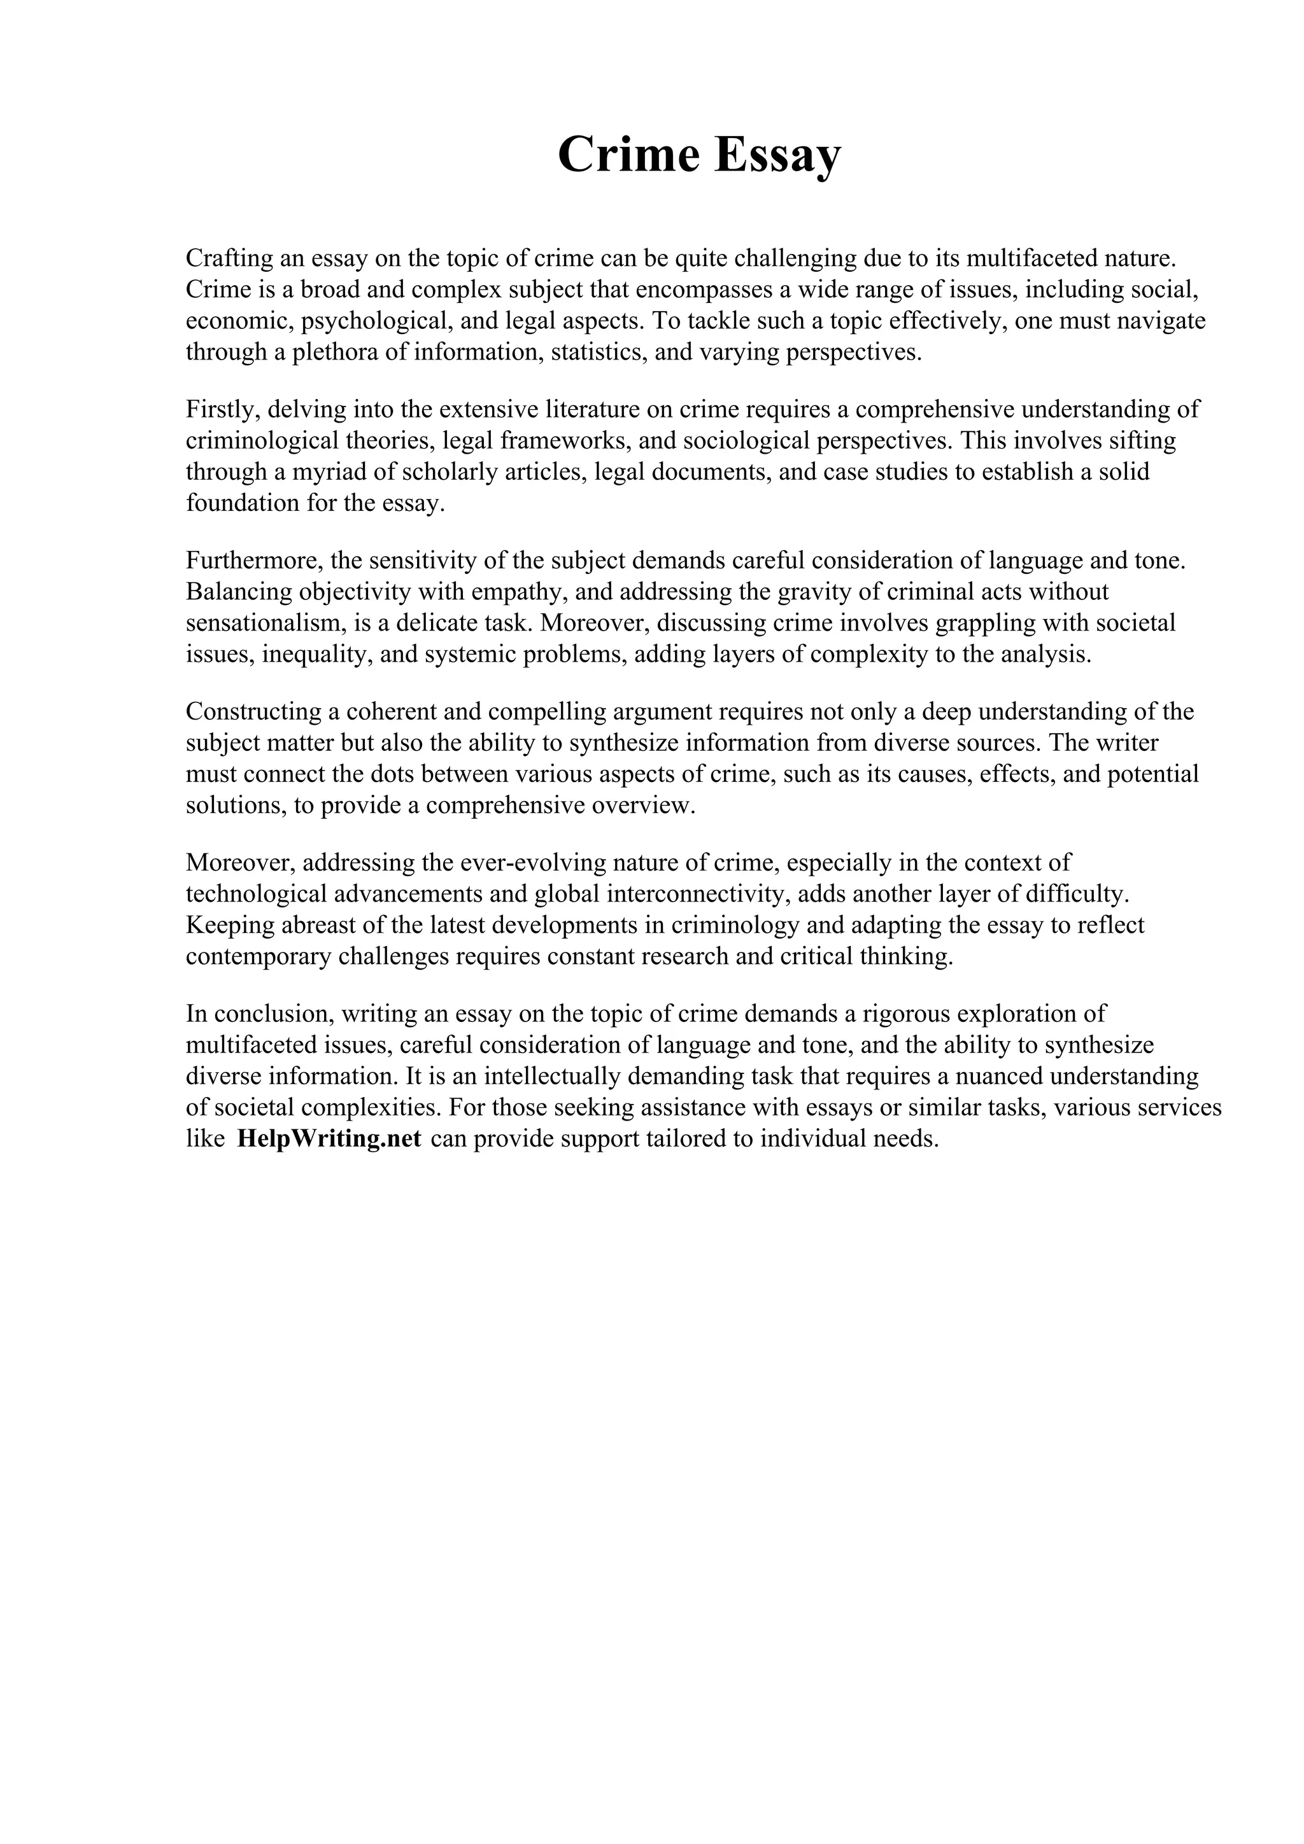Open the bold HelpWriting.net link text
[329, 1140]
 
